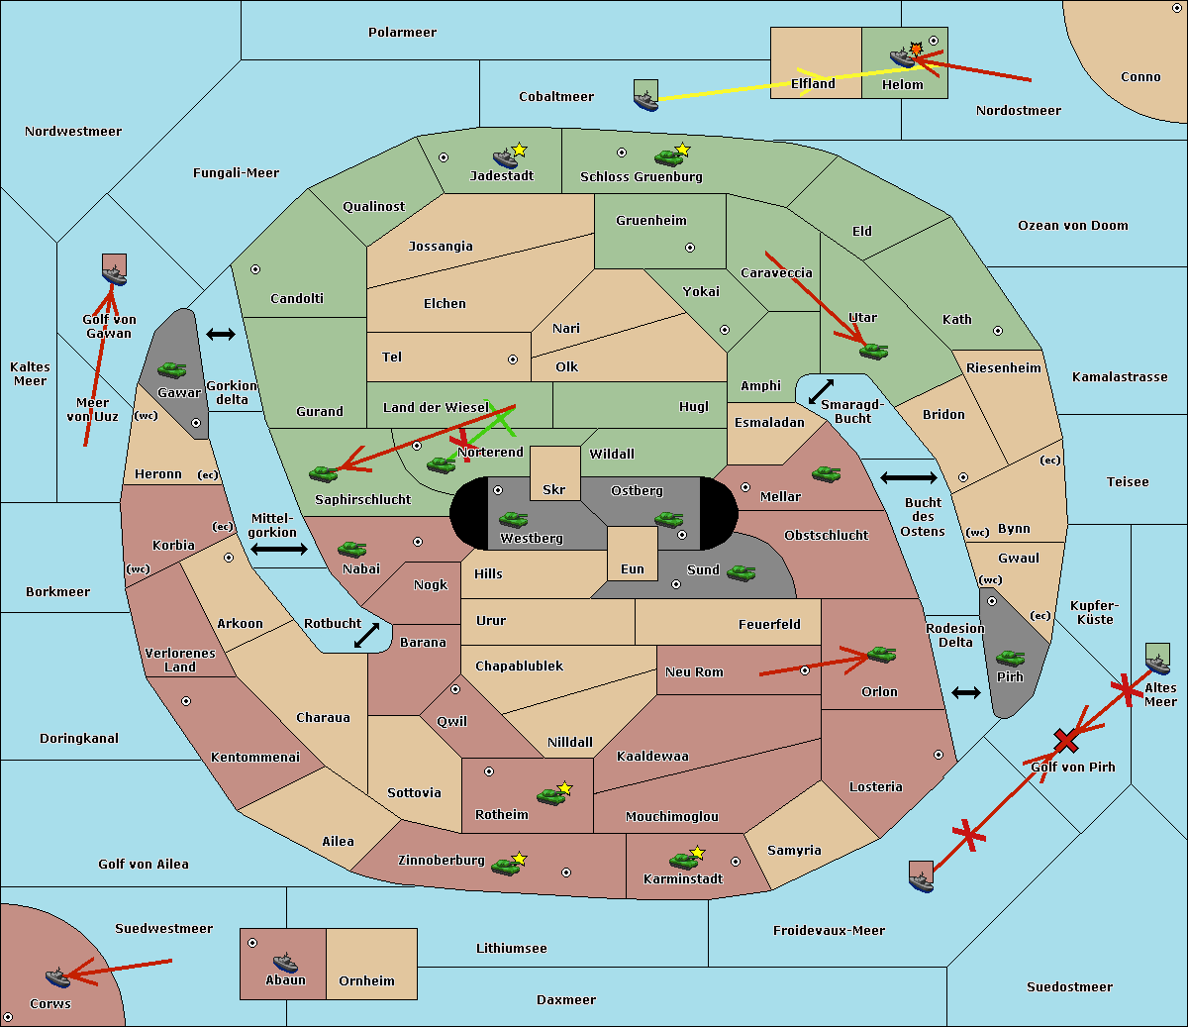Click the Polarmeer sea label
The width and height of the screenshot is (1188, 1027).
point(402,33)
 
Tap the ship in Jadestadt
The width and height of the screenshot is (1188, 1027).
point(505,157)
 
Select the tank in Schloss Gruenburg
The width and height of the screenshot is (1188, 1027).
point(668,156)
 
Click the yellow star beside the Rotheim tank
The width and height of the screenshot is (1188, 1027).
point(564,787)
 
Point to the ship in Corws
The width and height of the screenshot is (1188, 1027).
point(57,977)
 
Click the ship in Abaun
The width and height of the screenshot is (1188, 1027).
point(285,963)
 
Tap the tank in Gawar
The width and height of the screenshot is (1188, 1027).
point(171,369)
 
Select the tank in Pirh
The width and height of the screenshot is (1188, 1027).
point(1010,658)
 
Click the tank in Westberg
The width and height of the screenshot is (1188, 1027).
point(513,519)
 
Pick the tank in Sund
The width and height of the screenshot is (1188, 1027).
point(741,572)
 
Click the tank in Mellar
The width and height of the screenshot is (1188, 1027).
point(826,473)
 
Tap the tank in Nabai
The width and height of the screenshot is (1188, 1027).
point(351,549)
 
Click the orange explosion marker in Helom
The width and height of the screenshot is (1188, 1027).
point(916,49)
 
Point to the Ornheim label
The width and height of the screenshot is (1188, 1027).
point(366,981)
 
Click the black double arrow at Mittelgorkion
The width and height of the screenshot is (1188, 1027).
point(279,549)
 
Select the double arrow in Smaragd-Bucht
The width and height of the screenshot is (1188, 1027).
point(821,391)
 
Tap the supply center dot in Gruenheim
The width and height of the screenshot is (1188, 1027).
point(690,248)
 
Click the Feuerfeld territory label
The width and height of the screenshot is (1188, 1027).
point(769,624)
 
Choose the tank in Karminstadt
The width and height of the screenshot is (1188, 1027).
point(683,861)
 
